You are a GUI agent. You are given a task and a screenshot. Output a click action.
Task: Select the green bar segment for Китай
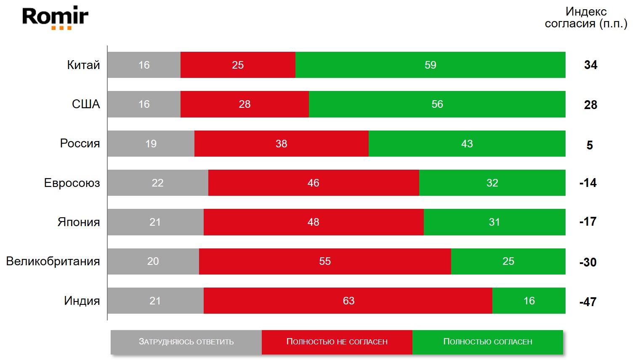pos(430,65)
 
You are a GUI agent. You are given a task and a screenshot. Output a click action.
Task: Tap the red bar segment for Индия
pos(348,301)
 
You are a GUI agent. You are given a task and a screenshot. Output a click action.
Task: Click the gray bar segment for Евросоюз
pos(158,183)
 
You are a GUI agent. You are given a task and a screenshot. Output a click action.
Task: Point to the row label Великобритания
pos(53,261)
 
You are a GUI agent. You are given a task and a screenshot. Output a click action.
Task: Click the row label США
pos(86,104)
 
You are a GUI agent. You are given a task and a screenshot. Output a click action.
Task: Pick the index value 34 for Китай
pos(590,65)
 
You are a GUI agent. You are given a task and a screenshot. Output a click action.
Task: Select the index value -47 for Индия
pos(588,302)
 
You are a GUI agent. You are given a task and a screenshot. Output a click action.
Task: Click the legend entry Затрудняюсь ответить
pos(186,342)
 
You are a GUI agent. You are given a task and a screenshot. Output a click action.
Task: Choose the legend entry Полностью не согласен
pos(337,342)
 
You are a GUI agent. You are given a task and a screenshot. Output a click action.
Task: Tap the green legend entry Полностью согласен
pos(488,342)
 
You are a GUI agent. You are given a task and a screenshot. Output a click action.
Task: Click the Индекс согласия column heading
pos(586,18)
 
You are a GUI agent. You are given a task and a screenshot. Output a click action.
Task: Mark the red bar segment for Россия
pos(281,144)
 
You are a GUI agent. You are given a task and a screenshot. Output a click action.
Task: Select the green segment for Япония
pos(494,222)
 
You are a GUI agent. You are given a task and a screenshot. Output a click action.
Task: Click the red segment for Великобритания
pos(325,261)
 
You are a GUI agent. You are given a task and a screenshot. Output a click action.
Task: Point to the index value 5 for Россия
pos(590,145)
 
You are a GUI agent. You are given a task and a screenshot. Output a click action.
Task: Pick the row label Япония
pos(79,222)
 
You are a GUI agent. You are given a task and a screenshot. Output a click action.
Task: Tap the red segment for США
pos(244,104)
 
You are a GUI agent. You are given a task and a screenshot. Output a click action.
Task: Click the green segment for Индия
pos(529,301)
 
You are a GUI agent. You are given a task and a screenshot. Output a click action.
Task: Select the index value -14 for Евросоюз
pos(588,183)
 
